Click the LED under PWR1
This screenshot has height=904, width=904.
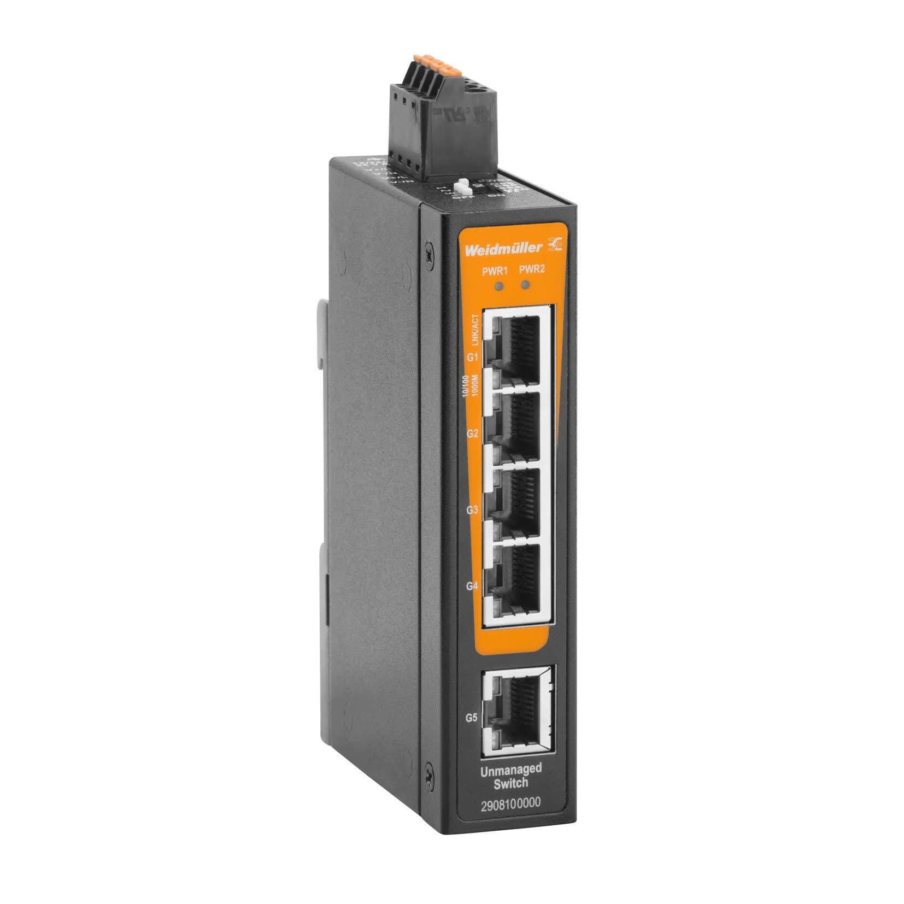coord(497,285)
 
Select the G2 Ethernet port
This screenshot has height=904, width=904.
coord(519,426)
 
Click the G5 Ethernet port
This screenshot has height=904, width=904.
coord(518,710)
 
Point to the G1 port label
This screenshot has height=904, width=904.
coord(473,357)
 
